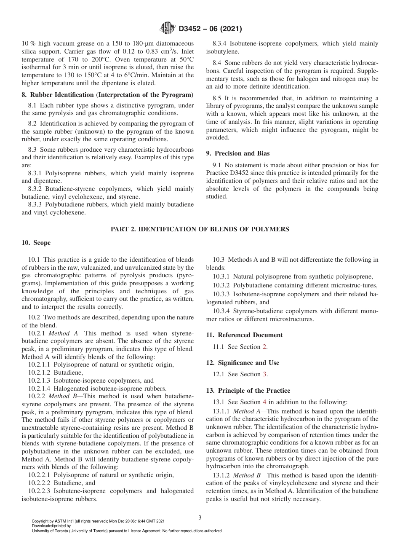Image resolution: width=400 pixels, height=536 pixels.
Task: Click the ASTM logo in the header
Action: click(x=168, y=29)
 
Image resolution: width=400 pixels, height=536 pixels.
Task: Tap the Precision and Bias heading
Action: click(x=238, y=153)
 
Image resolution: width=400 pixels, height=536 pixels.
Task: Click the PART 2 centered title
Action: click(x=200, y=229)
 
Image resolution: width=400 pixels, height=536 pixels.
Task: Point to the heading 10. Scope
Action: click(x=36, y=243)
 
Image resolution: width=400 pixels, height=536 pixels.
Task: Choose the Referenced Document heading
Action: click(x=244, y=335)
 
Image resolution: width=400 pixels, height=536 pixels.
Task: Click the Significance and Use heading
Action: click(x=243, y=363)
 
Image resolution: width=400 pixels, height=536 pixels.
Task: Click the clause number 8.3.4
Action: click(x=221, y=44)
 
